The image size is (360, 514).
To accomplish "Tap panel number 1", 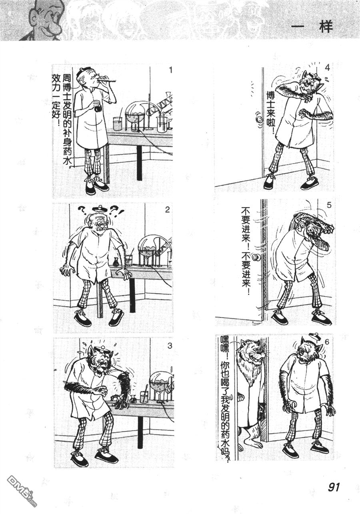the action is [170, 70].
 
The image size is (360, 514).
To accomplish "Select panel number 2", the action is [167, 210].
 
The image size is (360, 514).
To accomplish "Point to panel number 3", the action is [170, 346].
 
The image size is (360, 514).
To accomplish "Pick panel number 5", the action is [329, 205].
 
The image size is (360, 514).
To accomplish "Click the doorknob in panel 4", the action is [260, 119].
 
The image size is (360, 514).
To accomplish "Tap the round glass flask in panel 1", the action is [136, 113].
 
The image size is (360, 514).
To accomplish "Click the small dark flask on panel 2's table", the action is [116, 263].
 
